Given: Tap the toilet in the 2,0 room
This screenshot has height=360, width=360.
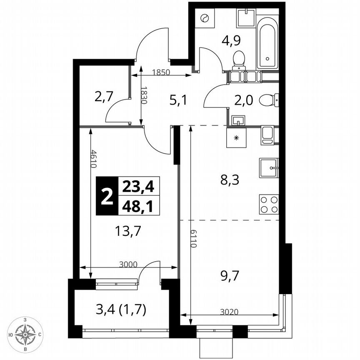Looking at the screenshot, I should [268, 100].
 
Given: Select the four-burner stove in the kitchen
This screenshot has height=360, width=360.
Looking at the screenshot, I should [269, 205].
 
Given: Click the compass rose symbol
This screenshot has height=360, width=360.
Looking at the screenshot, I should [26, 334].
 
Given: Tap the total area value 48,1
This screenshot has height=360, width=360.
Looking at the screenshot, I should [138, 206].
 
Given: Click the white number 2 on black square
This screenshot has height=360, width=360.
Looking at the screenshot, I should [107, 196].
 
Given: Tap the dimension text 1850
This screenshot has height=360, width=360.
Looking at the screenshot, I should [160, 72].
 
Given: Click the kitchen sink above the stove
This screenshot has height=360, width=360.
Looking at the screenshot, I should [269, 168].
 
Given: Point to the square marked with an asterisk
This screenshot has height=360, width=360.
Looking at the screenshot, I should [236, 137].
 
